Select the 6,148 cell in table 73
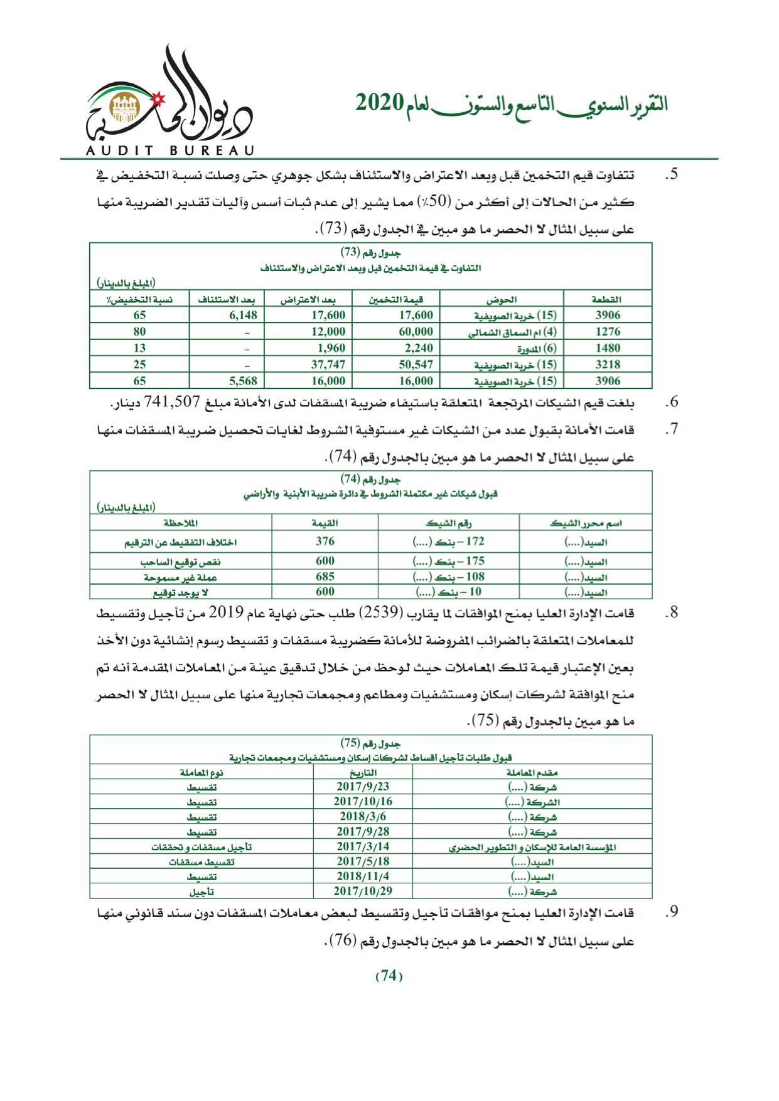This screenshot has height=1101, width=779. coord(240,315)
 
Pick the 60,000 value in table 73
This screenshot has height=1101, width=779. coord(415,331)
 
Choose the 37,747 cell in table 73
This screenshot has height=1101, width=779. coord(328,364)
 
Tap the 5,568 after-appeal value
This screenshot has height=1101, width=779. coord(240,380)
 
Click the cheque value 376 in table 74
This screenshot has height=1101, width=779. coord(325,541)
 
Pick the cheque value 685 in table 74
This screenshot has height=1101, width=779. coord(325,576)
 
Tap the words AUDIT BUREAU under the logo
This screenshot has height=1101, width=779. coord(167,150)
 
